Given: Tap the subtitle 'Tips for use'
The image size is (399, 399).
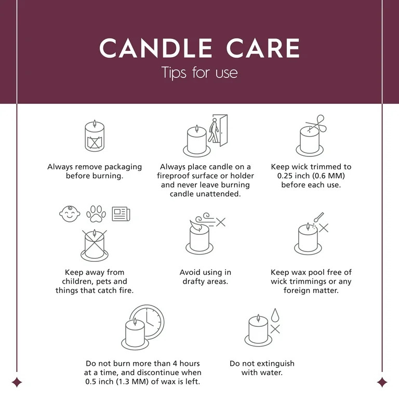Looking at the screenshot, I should [199, 72].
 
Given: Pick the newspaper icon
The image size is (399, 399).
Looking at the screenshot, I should [121, 214].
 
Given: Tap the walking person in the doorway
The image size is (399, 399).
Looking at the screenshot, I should [214, 130].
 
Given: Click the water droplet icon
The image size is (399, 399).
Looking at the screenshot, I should [275, 315].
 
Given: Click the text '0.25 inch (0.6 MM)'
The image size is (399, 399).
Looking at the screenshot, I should [311, 176].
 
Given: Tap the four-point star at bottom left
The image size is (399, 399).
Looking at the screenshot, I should [17, 382].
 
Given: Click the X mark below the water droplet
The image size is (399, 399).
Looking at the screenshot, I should [275, 329].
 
